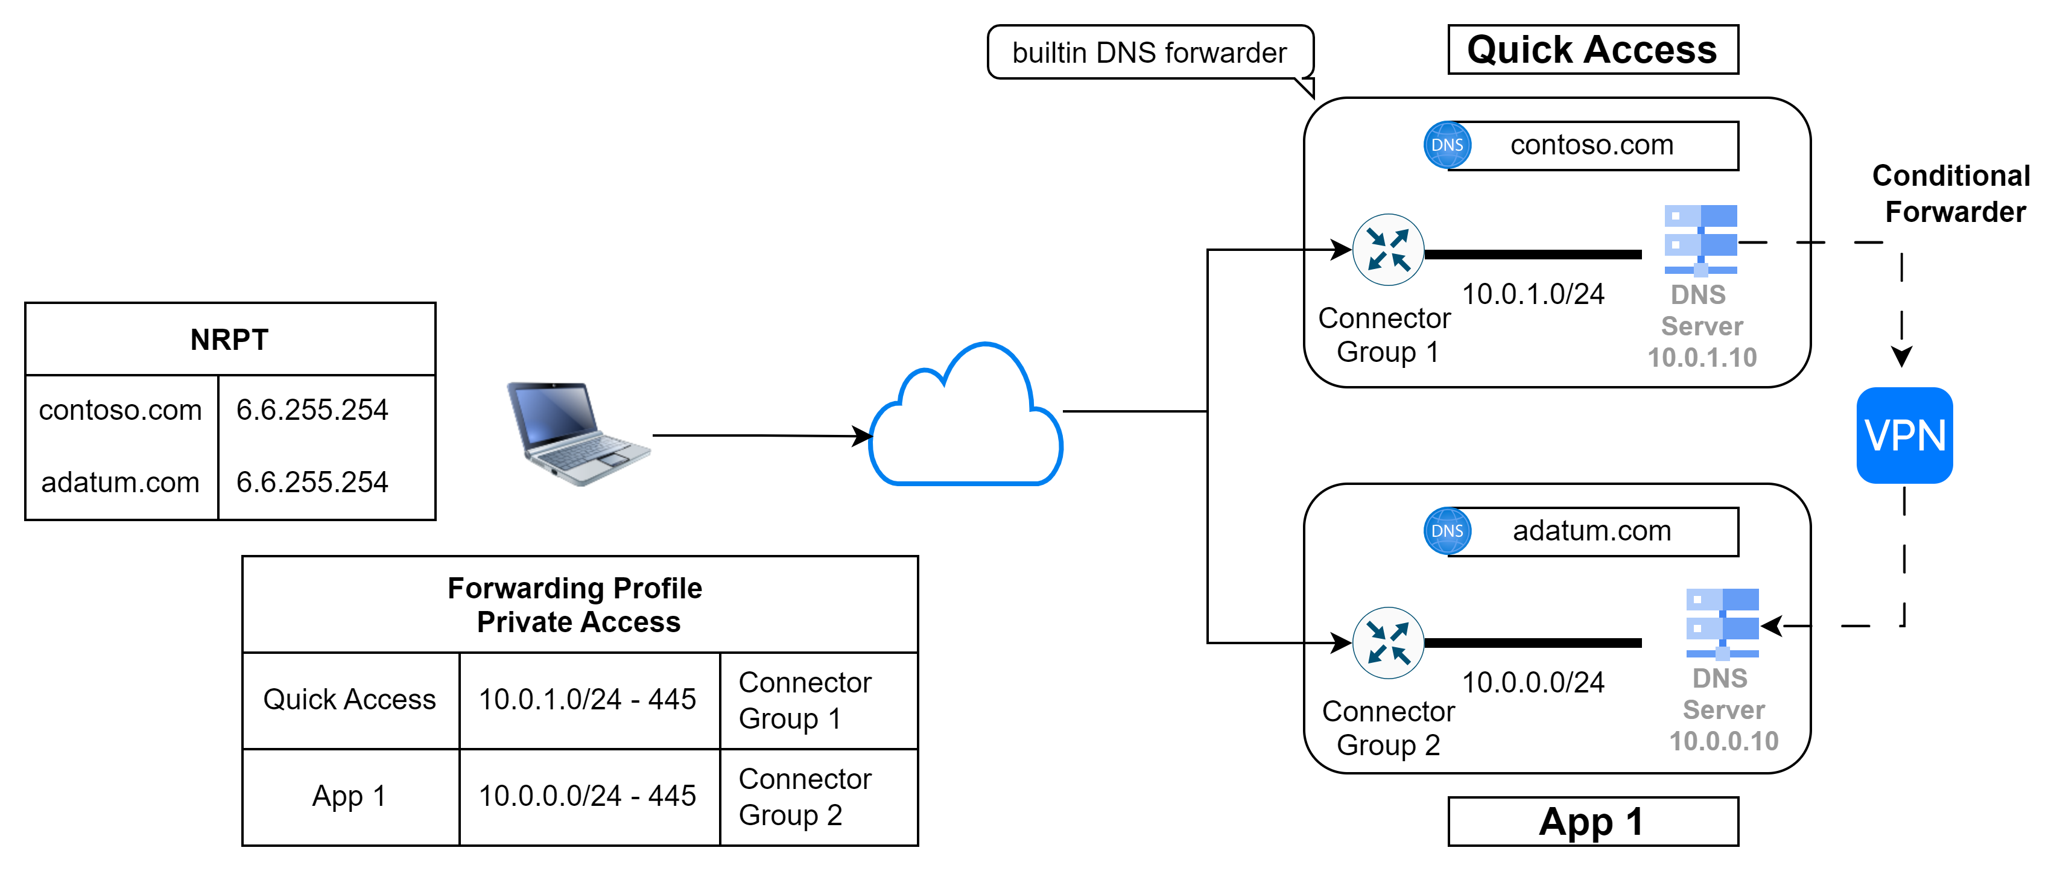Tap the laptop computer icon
click(578, 433)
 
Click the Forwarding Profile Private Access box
click(579, 604)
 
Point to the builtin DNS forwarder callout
click(1149, 53)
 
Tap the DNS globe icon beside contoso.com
click(1447, 145)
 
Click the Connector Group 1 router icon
click(1388, 250)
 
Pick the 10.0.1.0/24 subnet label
click(1533, 294)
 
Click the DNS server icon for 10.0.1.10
click(1700, 239)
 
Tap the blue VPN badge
click(1904, 435)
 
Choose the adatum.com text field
click(1592, 531)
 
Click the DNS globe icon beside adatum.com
click(1447, 531)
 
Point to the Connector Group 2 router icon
click(1388, 643)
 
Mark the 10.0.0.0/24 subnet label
click(1533, 683)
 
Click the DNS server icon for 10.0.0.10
click(1722, 623)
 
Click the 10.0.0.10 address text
click(1723, 741)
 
